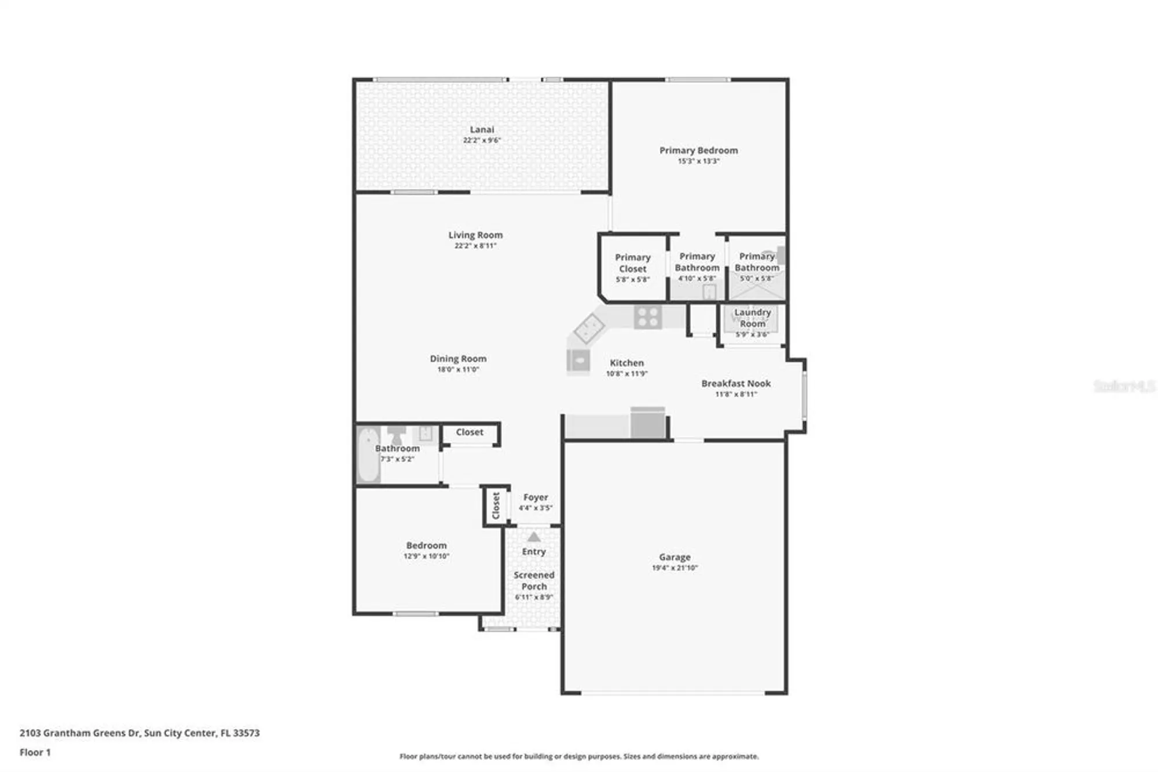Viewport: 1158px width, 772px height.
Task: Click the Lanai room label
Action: click(x=482, y=129)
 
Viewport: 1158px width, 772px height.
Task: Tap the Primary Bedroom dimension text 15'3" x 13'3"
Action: click(x=698, y=161)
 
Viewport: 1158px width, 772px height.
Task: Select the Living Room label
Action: click(x=475, y=235)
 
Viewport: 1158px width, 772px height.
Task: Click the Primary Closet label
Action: click(x=632, y=263)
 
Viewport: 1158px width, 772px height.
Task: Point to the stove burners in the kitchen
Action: click(x=647, y=317)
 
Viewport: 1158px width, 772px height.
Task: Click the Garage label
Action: click(x=675, y=557)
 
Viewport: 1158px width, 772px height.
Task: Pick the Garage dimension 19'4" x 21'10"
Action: click(x=675, y=568)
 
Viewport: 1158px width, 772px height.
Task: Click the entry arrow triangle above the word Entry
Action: click(x=534, y=537)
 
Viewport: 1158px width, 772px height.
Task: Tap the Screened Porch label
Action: click(x=534, y=581)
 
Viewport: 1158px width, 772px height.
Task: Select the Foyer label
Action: click(x=536, y=497)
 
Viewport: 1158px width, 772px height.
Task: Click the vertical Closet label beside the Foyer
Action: click(x=496, y=505)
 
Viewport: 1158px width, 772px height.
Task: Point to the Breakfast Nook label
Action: click(x=736, y=383)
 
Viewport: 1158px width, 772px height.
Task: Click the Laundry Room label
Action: click(x=752, y=318)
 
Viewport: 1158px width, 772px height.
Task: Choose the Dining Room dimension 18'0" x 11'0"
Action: click(x=458, y=369)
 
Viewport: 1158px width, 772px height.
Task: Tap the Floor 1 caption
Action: click(x=35, y=752)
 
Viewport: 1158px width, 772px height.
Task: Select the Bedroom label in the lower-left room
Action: click(x=426, y=545)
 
